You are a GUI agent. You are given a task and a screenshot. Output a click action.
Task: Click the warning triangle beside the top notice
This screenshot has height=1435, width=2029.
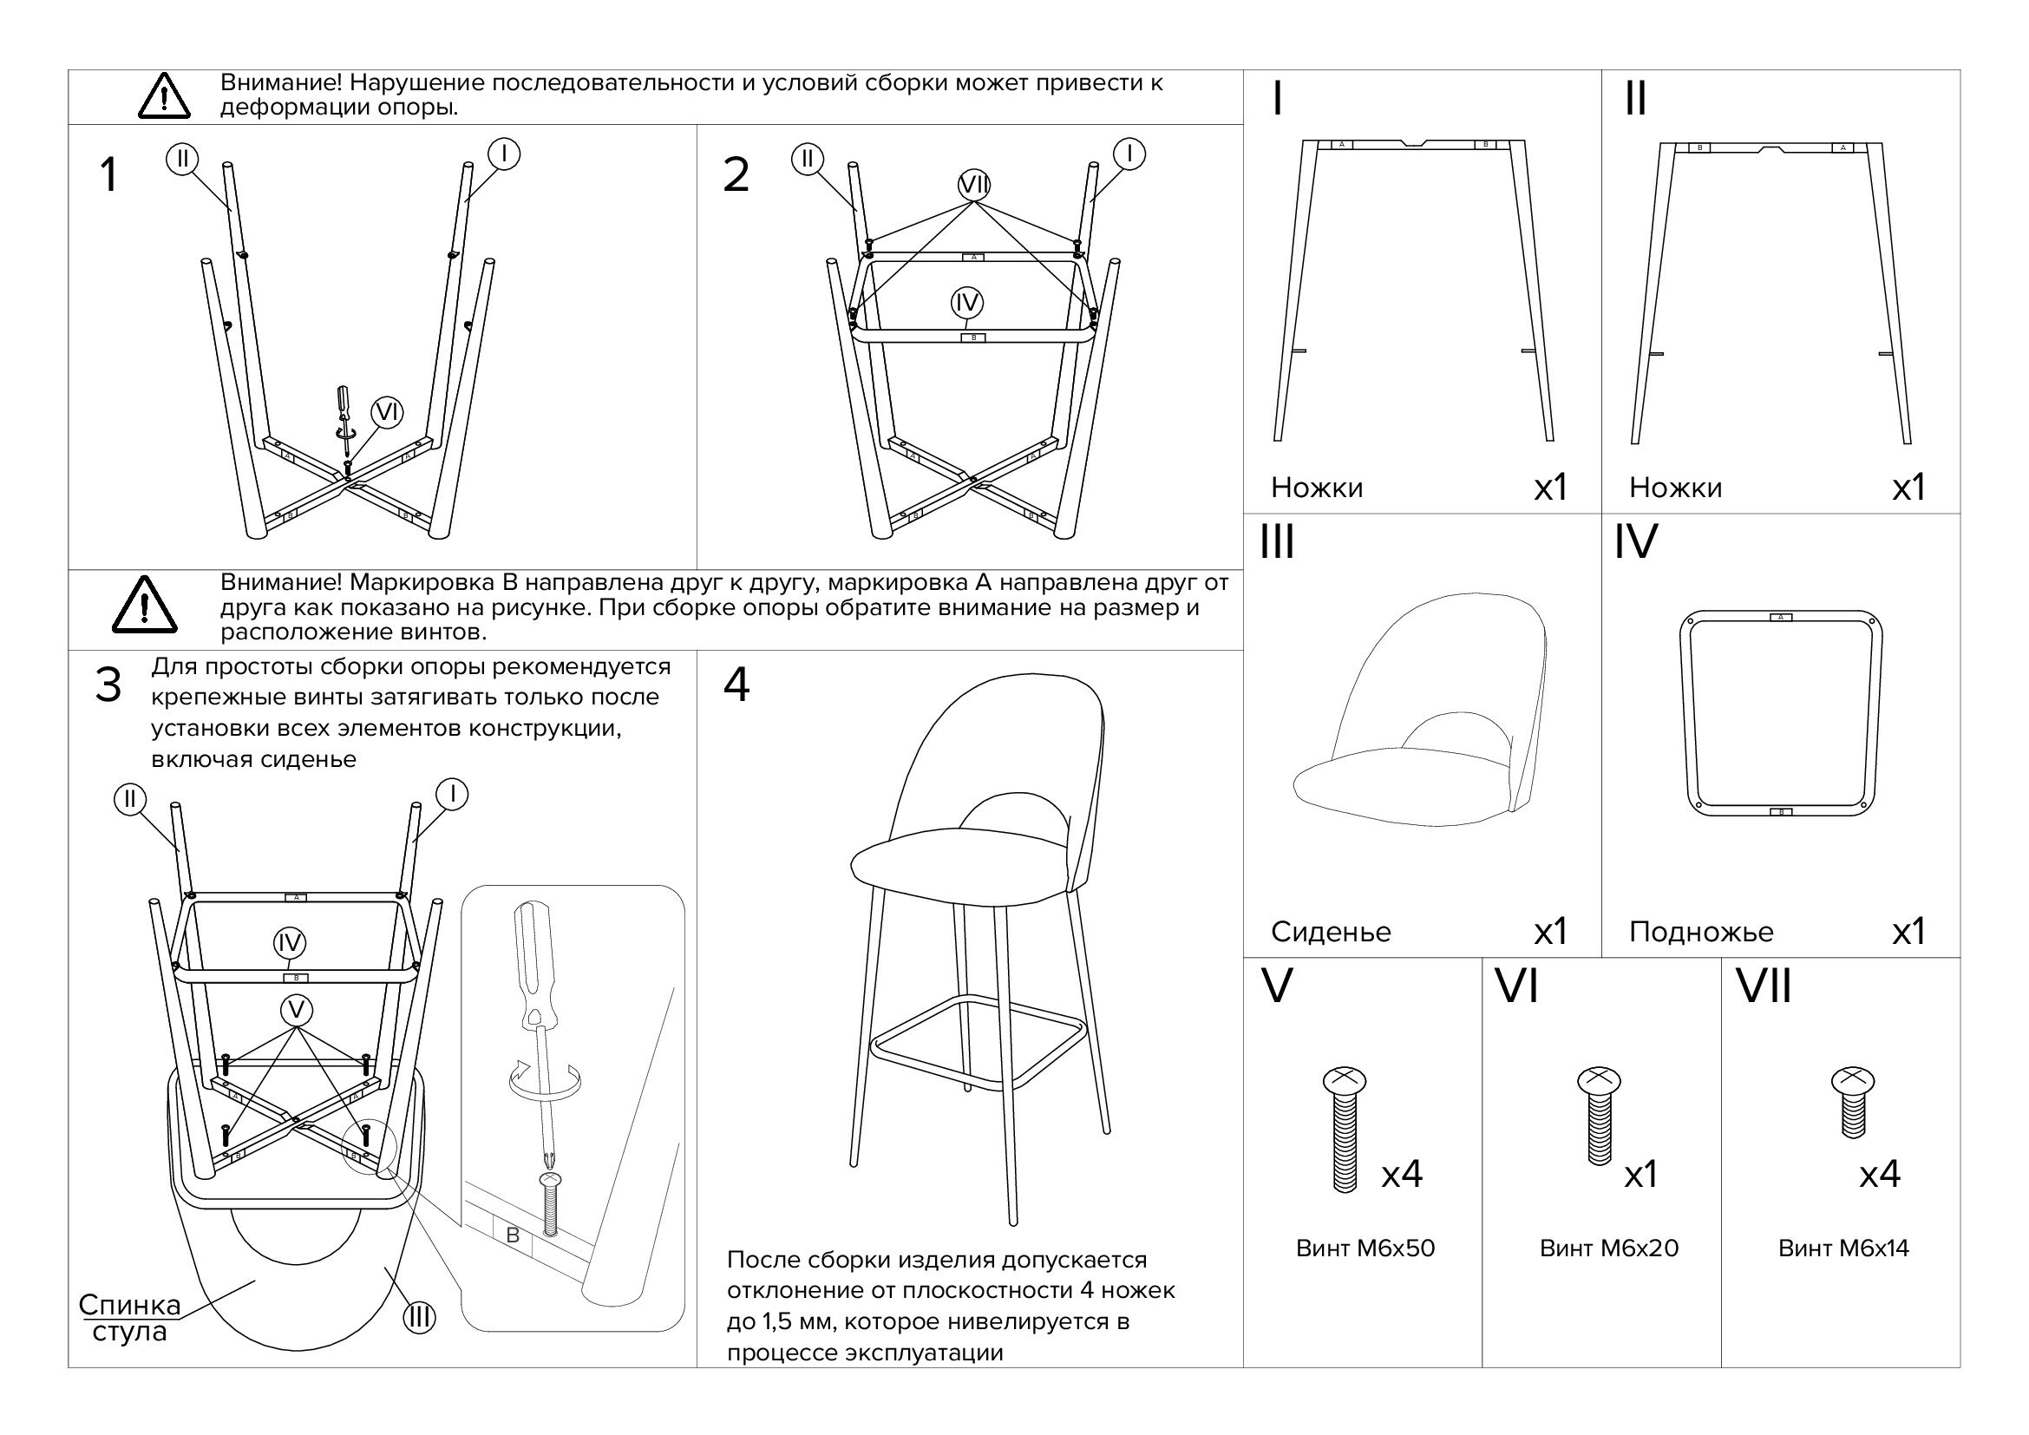click(x=164, y=96)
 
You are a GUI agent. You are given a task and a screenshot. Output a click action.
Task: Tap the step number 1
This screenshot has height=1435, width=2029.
click(x=108, y=174)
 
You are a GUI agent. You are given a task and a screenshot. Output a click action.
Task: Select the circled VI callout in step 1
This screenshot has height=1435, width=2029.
click(x=387, y=412)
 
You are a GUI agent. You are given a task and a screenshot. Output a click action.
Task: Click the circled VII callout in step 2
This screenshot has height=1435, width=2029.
click(x=975, y=185)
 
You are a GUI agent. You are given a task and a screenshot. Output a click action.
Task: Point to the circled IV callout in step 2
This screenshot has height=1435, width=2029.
click(x=966, y=303)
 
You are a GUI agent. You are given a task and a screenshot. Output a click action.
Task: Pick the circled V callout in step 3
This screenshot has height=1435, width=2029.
click(x=296, y=1010)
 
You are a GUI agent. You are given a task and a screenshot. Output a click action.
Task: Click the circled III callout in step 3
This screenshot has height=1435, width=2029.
click(x=419, y=1318)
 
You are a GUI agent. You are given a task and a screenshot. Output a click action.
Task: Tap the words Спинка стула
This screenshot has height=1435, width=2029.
click(x=130, y=1318)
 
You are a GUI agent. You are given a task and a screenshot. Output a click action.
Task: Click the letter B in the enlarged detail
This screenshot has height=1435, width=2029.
click(x=513, y=1235)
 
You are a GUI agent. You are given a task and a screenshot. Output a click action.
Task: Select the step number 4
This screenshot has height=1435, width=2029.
click(x=736, y=685)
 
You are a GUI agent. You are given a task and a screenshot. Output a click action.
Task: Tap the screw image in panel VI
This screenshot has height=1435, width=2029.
click(x=1599, y=1115)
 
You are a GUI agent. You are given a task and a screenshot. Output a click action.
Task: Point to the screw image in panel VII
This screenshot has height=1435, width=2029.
click(x=1853, y=1101)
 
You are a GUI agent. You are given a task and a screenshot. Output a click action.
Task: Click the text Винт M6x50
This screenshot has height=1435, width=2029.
click(x=1365, y=1248)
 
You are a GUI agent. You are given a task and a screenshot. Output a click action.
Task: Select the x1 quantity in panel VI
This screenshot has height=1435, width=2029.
click(x=1641, y=1175)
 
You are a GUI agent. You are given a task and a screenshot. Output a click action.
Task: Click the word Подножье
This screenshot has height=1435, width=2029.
click(x=1701, y=932)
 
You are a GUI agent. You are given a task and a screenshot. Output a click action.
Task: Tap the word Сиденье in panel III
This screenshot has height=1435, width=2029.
click(x=1331, y=932)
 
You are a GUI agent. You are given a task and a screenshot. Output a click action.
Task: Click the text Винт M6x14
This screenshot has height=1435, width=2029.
click(x=1843, y=1248)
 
